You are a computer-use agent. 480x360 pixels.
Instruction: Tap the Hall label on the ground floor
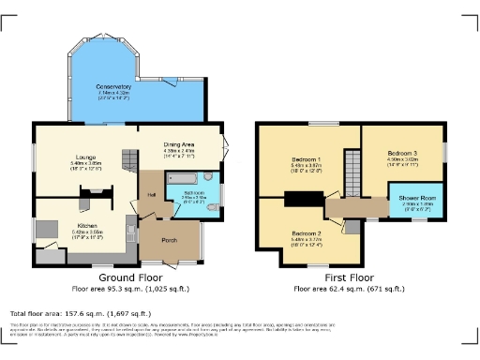coord(150,194)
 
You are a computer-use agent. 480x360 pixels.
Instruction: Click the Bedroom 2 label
coord(307,232)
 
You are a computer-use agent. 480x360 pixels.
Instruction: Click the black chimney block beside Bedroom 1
coord(302,197)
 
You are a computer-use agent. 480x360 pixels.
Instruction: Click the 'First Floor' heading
coord(349,278)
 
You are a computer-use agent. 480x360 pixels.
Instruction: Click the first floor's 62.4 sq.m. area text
coord(349,288)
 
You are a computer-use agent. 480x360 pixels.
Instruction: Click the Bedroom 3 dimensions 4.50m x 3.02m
coord(403,159)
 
